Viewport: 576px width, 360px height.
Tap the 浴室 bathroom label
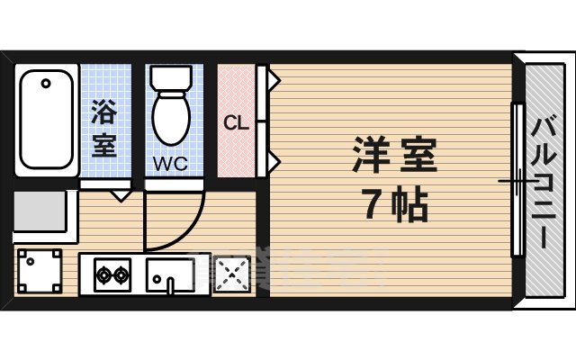(x=103, y=130)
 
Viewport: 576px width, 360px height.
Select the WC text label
(x=169, y=165)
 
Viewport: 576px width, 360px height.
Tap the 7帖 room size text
(x=394, y=207)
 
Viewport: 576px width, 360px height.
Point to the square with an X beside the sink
(x=230, y=274)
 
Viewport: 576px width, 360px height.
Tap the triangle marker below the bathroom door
(x=121, y=193)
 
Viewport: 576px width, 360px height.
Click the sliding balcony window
(x=517, y=180)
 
